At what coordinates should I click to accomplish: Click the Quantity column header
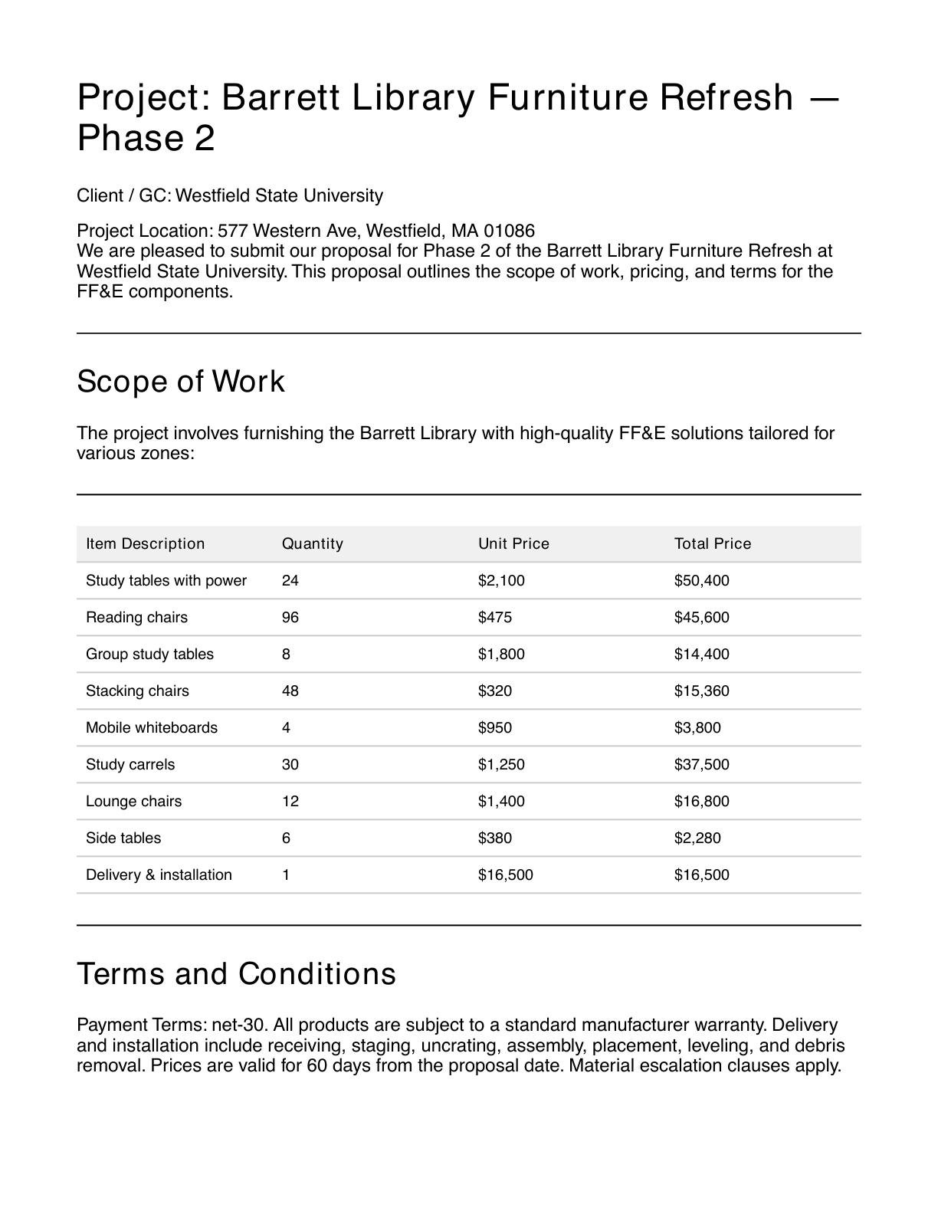312,543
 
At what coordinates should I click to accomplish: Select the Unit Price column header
513,543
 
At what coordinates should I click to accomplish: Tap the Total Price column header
713,543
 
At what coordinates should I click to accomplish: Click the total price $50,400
701,580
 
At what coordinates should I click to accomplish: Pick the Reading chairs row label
136,617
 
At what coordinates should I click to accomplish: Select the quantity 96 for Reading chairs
290,617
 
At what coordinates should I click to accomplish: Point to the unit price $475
494,617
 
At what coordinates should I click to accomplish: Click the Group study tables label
149,654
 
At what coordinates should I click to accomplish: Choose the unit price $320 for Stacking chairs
494,691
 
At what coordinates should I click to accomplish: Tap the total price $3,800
697,727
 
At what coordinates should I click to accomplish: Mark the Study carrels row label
130,764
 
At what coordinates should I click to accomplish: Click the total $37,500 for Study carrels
701,764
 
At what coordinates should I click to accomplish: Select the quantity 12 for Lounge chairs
290,801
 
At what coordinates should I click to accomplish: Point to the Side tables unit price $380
494,838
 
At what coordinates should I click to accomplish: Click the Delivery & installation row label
159,874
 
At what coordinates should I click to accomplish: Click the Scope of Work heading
181,381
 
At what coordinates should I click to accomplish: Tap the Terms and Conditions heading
236,973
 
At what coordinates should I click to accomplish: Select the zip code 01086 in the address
509,231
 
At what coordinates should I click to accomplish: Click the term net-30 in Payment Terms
239,1025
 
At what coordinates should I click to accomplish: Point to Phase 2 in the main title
146,139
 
